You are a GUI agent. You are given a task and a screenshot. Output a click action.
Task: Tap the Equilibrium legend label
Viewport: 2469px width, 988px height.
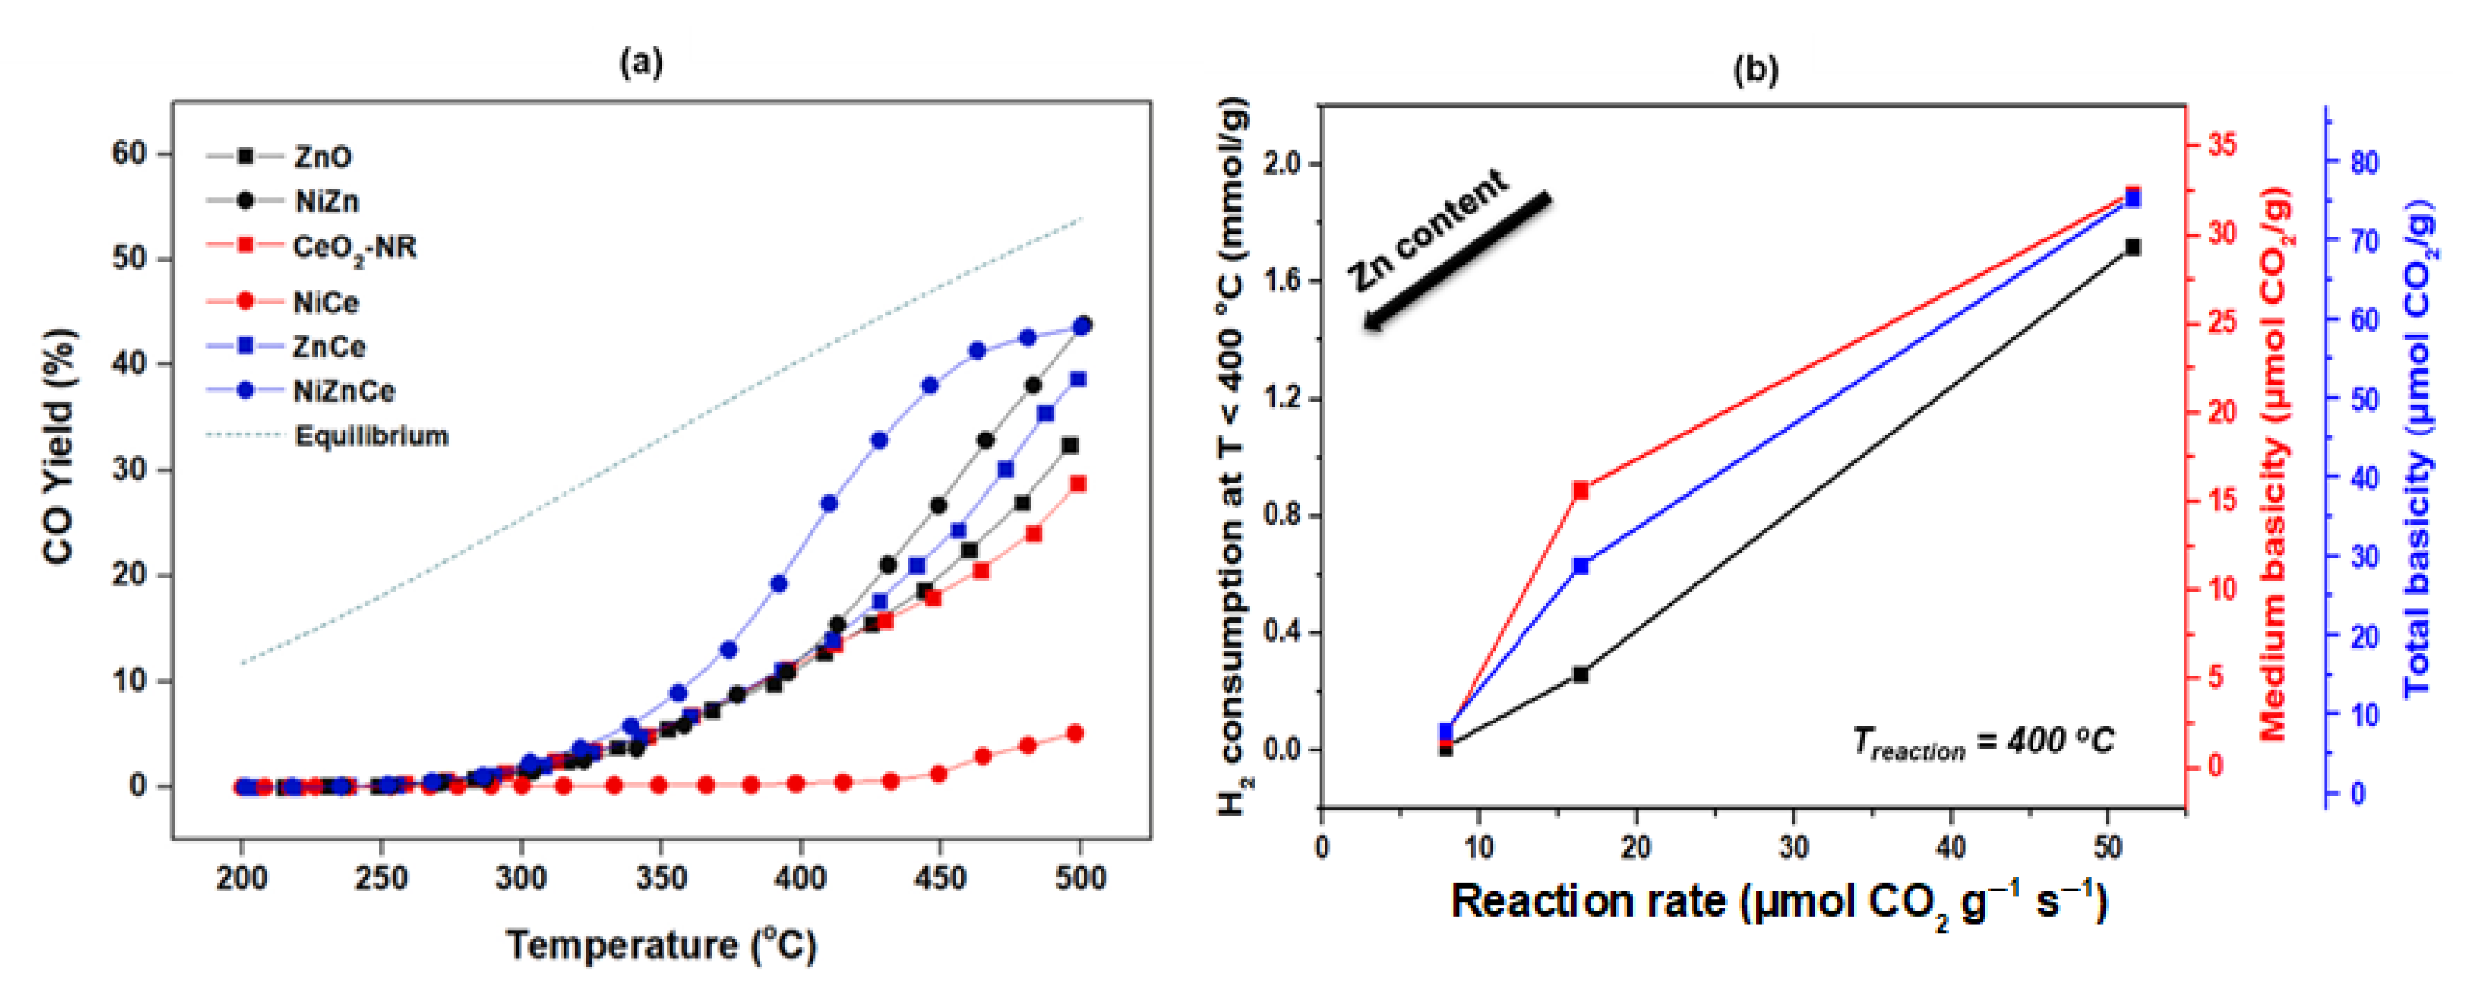click(372, 436)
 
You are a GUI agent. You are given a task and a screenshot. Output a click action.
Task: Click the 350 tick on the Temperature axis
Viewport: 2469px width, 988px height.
click(660, 877)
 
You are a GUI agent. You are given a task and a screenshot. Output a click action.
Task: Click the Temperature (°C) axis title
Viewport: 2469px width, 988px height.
click(662, 945)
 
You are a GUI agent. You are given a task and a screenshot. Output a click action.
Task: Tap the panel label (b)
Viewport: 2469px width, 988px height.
click(1755, 69)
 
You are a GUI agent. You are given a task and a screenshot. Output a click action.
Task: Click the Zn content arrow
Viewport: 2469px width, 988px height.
click(1456, 261)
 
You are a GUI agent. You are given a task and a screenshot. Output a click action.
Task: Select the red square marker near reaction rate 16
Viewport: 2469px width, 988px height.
click(1581, 490)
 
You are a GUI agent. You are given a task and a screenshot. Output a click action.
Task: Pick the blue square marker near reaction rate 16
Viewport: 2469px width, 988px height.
click(1581, 566)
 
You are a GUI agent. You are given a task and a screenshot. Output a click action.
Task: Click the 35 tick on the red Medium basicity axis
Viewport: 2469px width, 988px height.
click(2222, 144)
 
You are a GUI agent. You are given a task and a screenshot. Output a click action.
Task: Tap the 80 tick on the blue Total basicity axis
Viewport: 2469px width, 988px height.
click(2364, 162)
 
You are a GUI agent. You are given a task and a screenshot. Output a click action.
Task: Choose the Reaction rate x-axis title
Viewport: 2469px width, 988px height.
click(1778, 901)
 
